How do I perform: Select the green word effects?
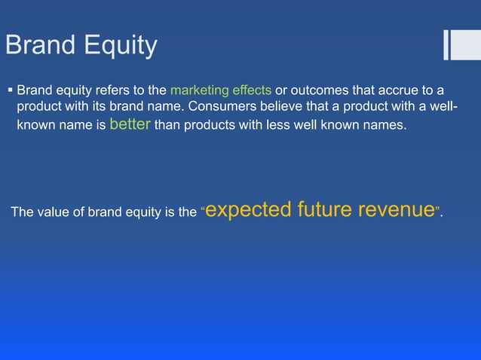click(253, 90)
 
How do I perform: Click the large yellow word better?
click(130, 124)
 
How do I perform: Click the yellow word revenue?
click(396, 210)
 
